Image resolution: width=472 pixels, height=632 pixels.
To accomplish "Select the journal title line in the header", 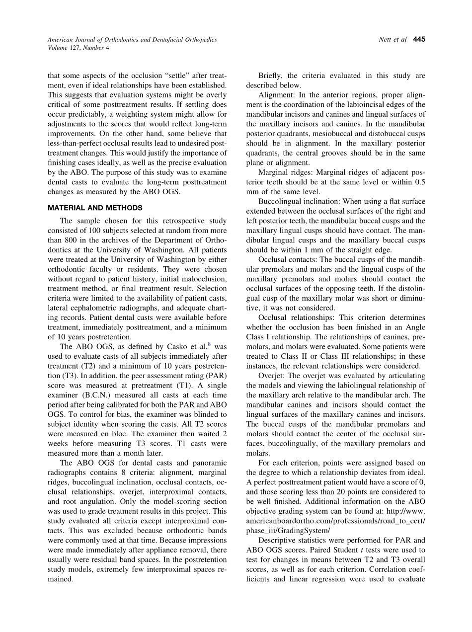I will tap(132, 39).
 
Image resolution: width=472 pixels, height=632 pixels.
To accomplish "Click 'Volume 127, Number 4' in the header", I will tap(79, 48).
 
